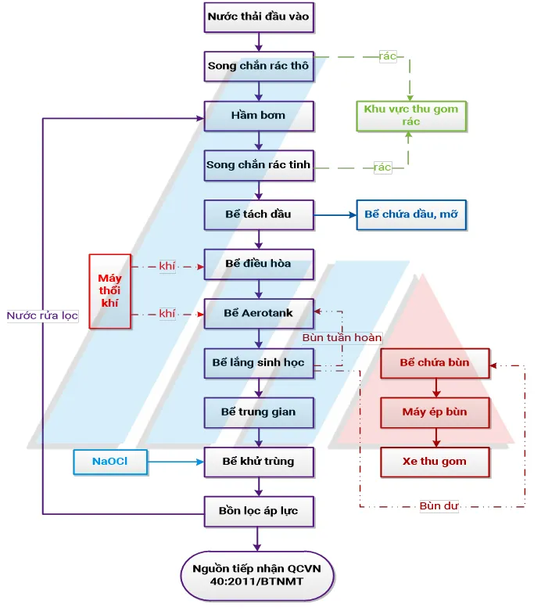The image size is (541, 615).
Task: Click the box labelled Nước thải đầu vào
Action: coord(259,16)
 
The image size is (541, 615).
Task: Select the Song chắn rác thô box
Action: coord(259,66)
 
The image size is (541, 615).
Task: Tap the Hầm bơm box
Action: coord(259,115)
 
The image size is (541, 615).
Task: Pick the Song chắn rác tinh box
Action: coord(259,165)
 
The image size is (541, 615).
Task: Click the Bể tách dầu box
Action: coord(259,214)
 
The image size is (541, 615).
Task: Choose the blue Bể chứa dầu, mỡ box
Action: coord(411,214)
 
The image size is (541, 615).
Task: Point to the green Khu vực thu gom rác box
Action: coord(411,116)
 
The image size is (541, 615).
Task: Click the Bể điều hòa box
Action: coord(259,264)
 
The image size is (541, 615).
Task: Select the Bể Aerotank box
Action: coord(259,313)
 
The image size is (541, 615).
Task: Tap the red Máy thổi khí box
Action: coord(109,290)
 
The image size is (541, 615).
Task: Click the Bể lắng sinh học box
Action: coord(259,362)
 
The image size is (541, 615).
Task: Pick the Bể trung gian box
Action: coord(259,412)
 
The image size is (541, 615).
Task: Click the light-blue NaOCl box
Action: coord(109,462)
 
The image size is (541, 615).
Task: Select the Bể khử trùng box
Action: coord(259,462)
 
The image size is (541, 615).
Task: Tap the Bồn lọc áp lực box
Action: coord(259,511)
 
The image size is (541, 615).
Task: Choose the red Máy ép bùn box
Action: coord(435,412)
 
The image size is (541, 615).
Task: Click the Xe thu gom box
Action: coord(435,462)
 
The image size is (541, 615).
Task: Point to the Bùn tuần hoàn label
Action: coord(342,337)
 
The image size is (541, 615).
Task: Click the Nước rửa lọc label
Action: coord(42,315)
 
